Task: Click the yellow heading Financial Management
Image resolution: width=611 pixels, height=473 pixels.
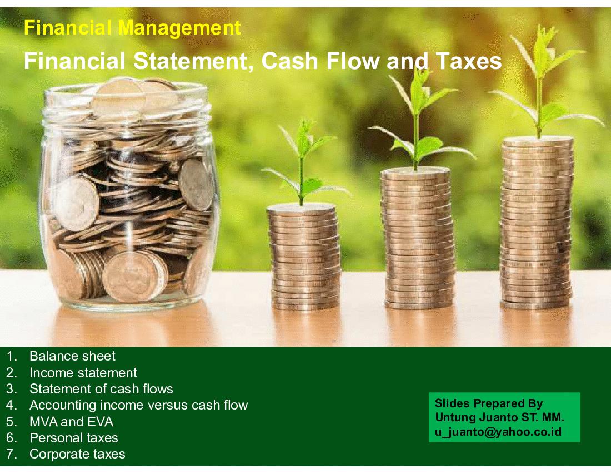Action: point(132,28)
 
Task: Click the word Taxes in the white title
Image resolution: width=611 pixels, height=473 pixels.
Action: point(469,61)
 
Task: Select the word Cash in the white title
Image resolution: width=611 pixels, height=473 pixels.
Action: point(290,61)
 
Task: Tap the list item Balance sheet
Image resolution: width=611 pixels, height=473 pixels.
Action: point(72,356)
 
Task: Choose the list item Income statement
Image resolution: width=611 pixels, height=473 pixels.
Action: point(83,373)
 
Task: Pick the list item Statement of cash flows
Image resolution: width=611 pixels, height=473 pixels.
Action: point(101,389)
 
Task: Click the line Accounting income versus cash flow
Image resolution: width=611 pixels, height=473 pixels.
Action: point(139,405)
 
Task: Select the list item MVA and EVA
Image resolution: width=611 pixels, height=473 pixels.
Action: point(71,421)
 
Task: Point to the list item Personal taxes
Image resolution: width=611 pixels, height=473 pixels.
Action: point(74,438)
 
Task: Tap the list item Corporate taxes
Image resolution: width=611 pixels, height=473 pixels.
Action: point(77,454)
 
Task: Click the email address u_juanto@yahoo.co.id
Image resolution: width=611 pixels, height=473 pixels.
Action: point(498,432)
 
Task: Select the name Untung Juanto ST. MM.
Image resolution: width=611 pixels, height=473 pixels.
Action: point(499,417)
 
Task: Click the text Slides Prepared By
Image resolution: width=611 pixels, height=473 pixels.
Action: point(489,403)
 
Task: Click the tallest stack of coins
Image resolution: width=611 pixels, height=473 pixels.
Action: point(536,223)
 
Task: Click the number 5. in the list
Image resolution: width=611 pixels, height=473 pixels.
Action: point(11,421)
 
